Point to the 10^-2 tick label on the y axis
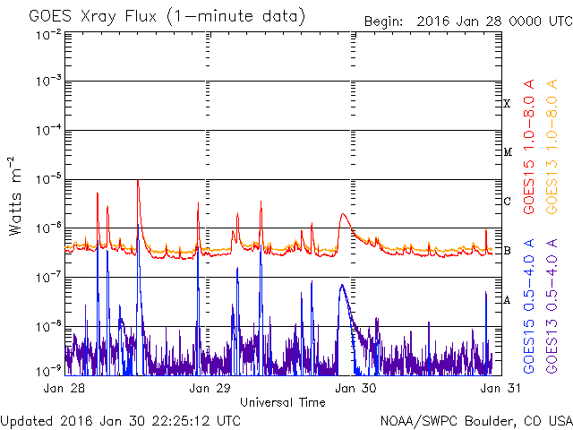47,34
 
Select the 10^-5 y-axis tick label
47,180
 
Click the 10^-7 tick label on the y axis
47,278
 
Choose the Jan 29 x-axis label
209,389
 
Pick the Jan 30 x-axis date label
350,389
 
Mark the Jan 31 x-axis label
492,389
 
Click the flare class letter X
507,104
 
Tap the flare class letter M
507,152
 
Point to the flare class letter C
507,202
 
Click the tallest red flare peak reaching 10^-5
138,181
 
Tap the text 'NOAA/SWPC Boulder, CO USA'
475,421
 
